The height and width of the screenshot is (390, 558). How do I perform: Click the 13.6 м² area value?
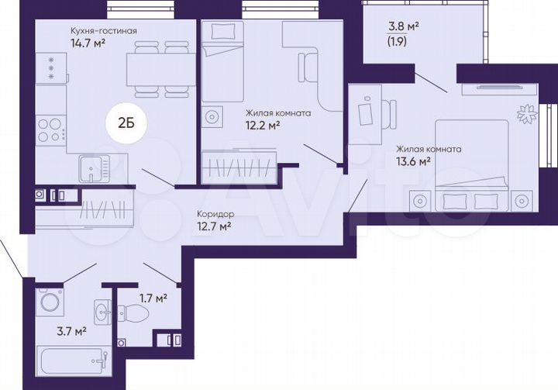tap(413, 162)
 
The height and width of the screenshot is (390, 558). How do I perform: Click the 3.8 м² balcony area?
tap(404, 26)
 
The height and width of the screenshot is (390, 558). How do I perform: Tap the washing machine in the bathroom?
tap(51, 300)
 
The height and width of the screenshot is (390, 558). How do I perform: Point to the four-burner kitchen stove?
tap(50, 129)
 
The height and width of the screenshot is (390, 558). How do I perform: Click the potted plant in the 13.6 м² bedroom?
tap(525, 113)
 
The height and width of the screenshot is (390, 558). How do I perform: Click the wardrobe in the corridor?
tap(102, 210)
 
